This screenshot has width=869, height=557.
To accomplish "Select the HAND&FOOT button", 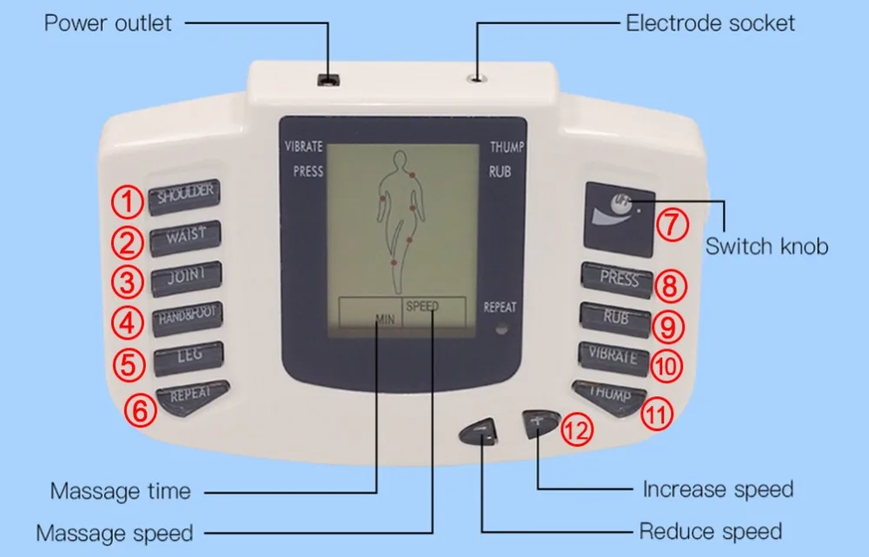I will tap(187, 317).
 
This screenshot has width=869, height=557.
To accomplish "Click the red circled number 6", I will tap(140, 408).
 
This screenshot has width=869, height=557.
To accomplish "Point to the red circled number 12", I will tap(577, 428).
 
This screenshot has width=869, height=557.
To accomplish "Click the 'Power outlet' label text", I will tap(109, 22).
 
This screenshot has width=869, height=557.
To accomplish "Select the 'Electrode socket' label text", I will tap(710, 23).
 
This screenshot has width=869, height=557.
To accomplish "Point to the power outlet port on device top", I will tap(328, 81).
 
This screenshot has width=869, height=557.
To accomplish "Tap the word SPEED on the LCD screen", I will tap(422, 306).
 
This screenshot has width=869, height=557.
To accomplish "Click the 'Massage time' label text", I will tap(120, 491).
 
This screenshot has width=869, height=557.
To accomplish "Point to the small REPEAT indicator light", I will tap(500, 329).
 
